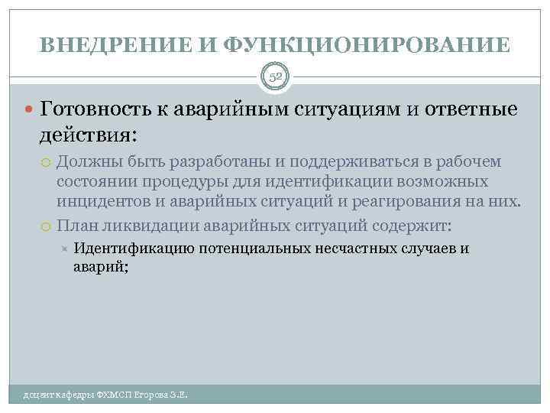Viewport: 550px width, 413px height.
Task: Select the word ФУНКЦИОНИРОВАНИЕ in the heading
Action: [365, 45]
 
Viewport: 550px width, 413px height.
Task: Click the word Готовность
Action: [102, 109]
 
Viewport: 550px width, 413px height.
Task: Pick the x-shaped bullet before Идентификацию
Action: [66, 249]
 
